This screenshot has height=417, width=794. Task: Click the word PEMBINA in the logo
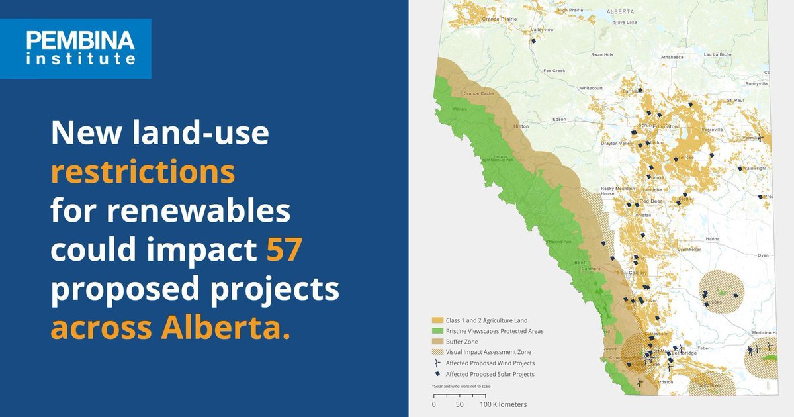click(81, 42)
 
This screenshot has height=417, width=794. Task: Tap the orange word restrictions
click(143, 173)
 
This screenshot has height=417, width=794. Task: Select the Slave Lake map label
click(625, 22)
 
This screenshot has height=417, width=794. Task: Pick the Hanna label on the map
click(713, 238)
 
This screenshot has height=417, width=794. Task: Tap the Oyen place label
click(764, 255)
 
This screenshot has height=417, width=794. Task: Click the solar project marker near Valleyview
click(533, 41)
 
